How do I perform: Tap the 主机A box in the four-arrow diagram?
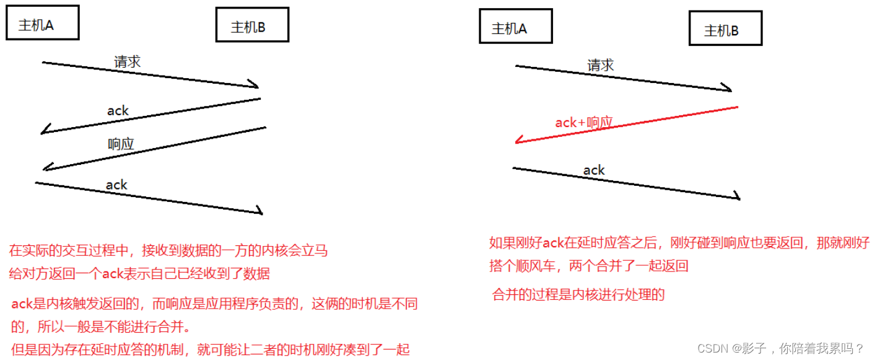(x=43, y=24)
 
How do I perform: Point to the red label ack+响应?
(x=583, y=122)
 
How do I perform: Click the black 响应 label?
(x=121, y=144)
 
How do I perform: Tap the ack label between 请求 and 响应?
(x=118, y=111)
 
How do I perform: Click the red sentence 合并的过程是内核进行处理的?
(x=578, y=294)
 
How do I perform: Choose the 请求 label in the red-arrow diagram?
(x=600, y=65)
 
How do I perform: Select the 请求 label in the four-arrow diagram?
(x=128, y=61)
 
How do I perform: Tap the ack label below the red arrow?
(x=593, y=170)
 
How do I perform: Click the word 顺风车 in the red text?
(x=538, y=266)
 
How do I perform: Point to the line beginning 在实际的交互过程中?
(x=168, y=251)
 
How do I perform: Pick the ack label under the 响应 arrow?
(x=116, y=185)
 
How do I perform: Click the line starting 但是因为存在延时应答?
(x=211, y=349)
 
